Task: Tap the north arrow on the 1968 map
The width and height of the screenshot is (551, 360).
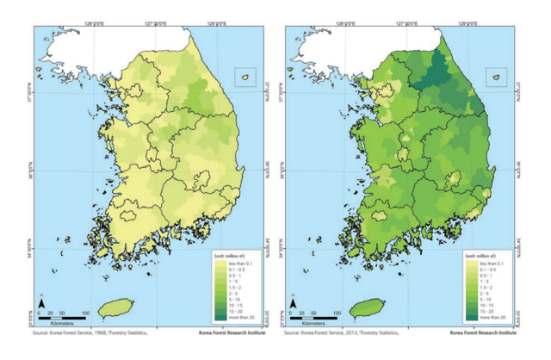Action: [x=40, y=302]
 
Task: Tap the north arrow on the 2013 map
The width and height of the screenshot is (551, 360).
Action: [x=294, y=302]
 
